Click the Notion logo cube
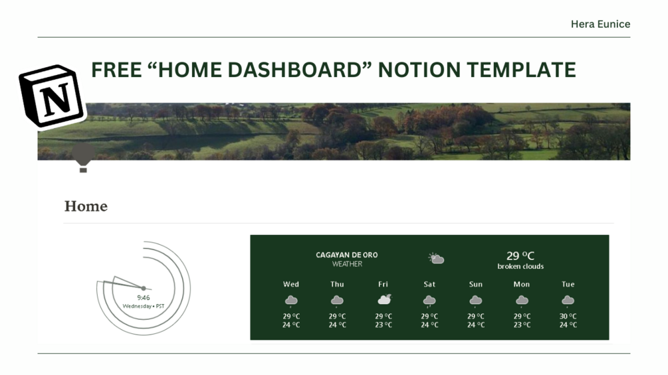(x=52, y=96)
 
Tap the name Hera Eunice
(x=600, y=24)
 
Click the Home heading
(x=86, y=206)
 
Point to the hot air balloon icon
(x=83, y=159)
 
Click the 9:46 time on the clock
(x=144, y=298)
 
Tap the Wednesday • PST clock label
(x=144, y=307)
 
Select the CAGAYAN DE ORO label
(x=347, y=255)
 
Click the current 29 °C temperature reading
(x=520, y=256)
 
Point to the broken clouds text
(x=520, y=267)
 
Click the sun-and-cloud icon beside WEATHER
(x=436, y=259)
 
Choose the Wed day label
(x=291, y=284)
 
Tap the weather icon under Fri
(x=384, y=300)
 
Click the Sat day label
(x=429, y=284)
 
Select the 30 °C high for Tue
(x=568, y=317)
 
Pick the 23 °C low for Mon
(x=522, y=325)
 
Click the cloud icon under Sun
(x=476, y=301)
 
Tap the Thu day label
(x=337, y=284)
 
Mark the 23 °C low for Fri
(x=384, y=325)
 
